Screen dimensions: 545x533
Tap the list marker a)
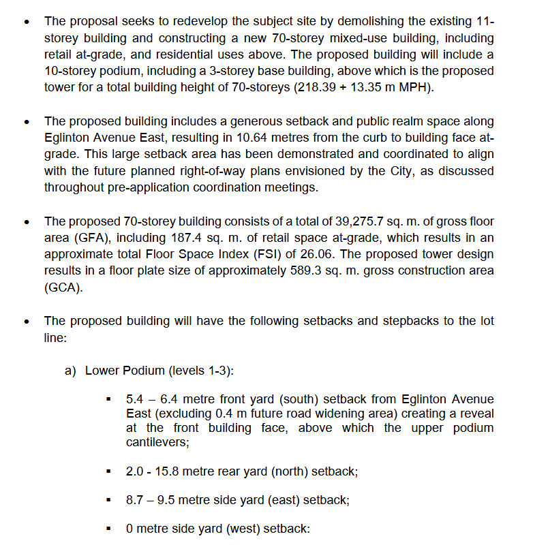point(71,371)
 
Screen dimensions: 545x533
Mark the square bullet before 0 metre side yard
point(108,528)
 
